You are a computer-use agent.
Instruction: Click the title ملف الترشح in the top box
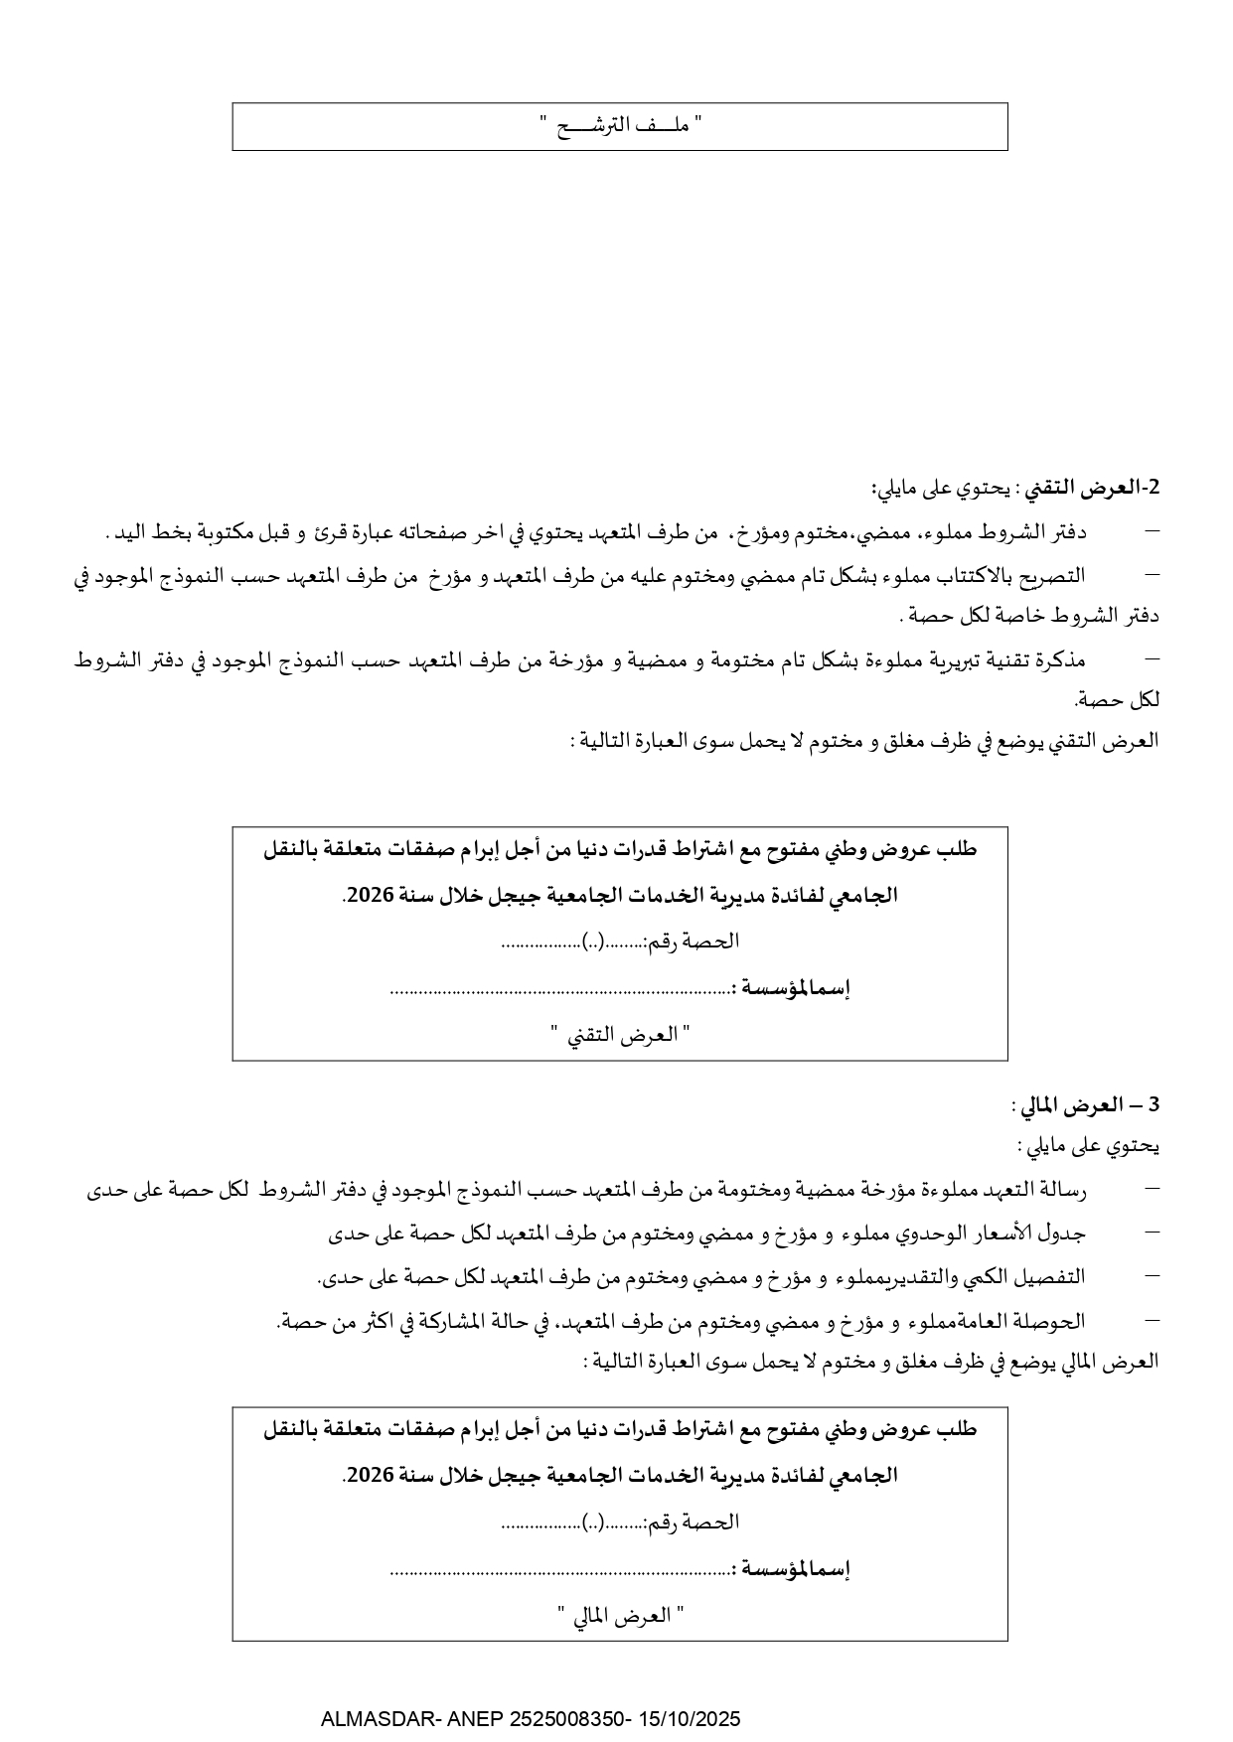[621, 126]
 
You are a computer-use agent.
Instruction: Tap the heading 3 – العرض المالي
[1087, 1104]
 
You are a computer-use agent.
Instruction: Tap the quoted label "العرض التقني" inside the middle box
[621, 1035]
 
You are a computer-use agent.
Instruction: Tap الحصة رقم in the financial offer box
[694, 1522]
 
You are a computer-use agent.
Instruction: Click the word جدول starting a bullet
[1064, 1233]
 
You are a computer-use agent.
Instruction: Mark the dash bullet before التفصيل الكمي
[1152, 1276]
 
